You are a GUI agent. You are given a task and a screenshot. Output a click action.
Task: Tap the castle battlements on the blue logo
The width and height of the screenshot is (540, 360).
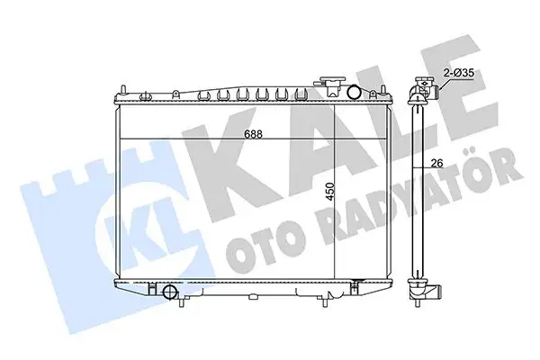point(63,175)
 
